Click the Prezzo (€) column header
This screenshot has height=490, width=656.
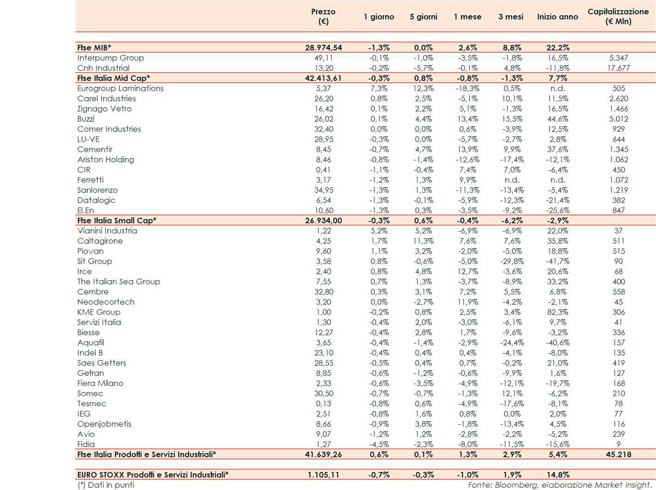[x=323, y=17]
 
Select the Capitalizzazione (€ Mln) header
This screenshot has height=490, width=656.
[x=618, y=17]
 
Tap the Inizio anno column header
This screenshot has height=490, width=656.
[x=557, y=17]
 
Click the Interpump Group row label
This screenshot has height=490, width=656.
[x=110, y=58]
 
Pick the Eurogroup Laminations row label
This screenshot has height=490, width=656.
[x=120, y=88]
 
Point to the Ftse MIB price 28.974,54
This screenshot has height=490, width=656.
[x=323, y=48]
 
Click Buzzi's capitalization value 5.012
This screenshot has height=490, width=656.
[x=618, y=119]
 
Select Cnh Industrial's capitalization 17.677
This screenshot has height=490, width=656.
[x=618, y=68]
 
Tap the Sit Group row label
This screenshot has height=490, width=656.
[x=94, y=261]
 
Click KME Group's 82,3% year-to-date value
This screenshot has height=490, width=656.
[x=558, y=312]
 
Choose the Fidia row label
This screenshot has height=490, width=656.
[x=86, y=444]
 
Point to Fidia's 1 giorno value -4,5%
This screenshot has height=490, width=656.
[x=379, y=444]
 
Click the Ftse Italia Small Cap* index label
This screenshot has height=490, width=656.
[x=116, y=220]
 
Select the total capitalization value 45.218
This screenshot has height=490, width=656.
[x=618, y=454]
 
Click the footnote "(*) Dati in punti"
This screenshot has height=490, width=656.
[x=106, y=485]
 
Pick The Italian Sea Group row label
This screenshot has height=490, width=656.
[x=118, y=282]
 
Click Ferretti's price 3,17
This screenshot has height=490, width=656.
[x=323, y=180]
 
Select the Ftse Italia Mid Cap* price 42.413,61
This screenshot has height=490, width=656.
[x=323, y=78]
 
